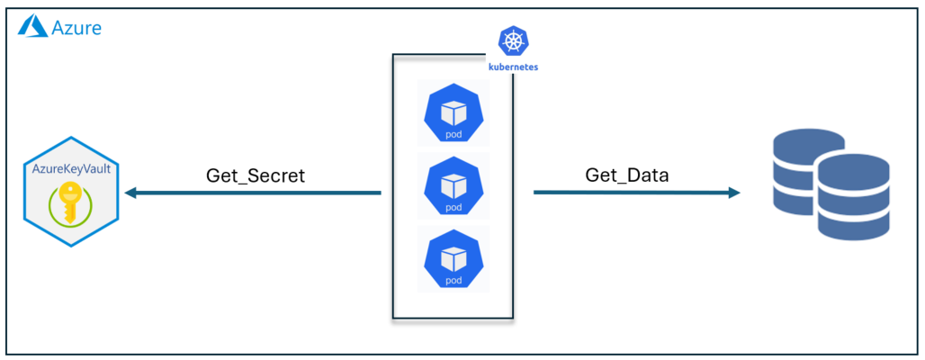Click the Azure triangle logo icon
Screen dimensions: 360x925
[x=32, y=26]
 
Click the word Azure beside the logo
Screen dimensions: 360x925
[x=76, y=27]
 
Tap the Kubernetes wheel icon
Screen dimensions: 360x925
[x=513, y=41]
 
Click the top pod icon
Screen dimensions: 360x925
[x=454, y=114]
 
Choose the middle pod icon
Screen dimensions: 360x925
[x=454, y=186]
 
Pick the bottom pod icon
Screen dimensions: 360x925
[x=454, y=258]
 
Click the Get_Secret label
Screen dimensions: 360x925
[x=256, y=175]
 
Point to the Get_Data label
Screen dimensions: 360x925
[x=627, y=175]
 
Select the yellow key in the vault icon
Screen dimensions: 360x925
[x=68, y=199]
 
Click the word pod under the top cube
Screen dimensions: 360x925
[x=454, y=135]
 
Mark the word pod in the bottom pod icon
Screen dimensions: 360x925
[x=454, y=279]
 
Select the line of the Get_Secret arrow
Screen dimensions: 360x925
[x=261, y=193]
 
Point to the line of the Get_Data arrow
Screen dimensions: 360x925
[x=630, y=193]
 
